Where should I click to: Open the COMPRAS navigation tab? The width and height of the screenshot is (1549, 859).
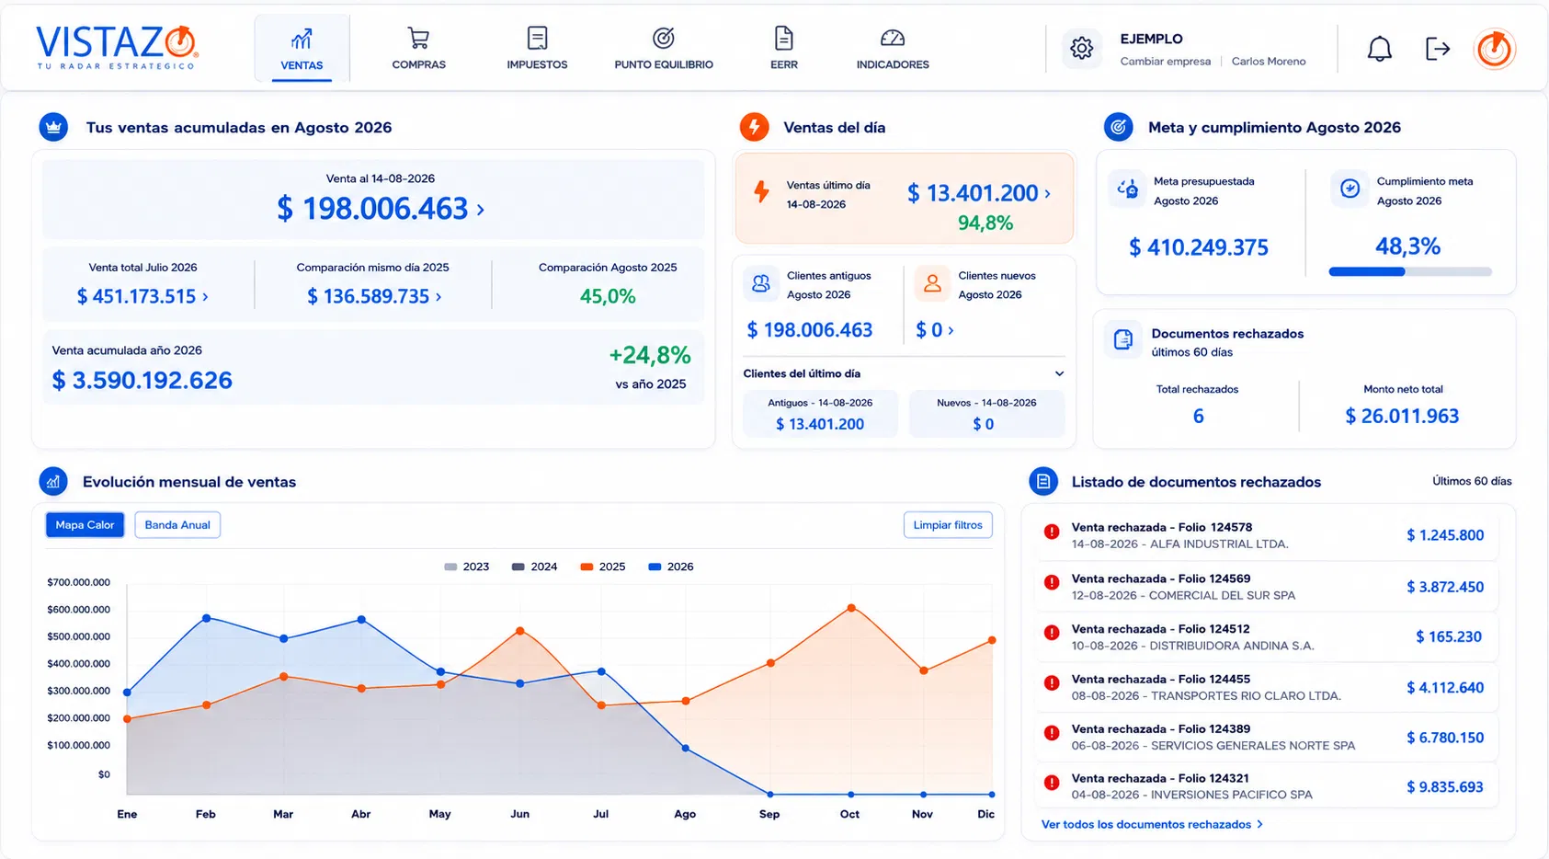click(x=418, y=48)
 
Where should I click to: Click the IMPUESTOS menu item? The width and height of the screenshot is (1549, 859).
click(x=537, y=48)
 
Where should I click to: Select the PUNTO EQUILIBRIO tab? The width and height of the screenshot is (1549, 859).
click(x=663, y=48)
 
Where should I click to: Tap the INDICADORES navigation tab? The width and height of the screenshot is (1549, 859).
click(x=892, y=48)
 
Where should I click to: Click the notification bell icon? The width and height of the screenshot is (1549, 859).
click(x=1379, y=49)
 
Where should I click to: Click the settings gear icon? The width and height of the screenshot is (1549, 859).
click(x=1081, y=48)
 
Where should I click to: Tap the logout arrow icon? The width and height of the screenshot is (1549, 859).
click(x=1438, y=49)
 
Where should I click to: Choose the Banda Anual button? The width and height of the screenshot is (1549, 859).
click(x=177, y=525)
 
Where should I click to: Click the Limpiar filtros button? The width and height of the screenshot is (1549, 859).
click(x=948, y=525)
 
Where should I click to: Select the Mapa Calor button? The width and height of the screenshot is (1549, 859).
click(x=85, y=525)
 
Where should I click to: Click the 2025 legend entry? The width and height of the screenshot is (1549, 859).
click(x=603, y=567)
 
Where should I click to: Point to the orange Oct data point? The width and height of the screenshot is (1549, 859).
click(x=851, y=608)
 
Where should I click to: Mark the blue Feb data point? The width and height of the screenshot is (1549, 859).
click(x=206, y=618)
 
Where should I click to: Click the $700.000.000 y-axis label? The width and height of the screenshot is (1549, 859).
click(x=78, y=582)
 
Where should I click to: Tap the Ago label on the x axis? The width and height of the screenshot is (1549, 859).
click(x=685, y=814)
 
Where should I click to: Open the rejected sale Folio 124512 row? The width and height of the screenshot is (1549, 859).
click(x=1267, y=637)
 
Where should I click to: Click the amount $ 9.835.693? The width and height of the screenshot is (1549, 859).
click(x=1444, y=787)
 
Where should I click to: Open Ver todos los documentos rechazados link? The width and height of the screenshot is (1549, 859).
click(x=1152, y=824)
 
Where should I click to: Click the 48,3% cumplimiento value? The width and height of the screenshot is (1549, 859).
click(x=1407, y=246)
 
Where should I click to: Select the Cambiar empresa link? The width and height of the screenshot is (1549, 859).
click(x=1166, y=62)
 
